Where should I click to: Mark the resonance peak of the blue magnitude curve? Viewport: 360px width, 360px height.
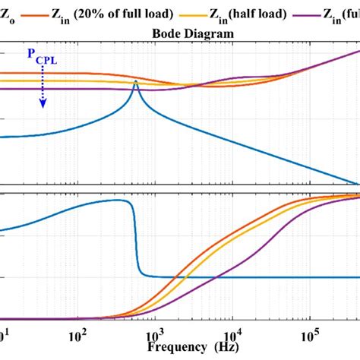tap(135, 81)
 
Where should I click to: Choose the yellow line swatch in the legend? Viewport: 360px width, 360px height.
tap(220, 14)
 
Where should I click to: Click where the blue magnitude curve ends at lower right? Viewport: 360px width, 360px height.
tap(357, 183)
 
